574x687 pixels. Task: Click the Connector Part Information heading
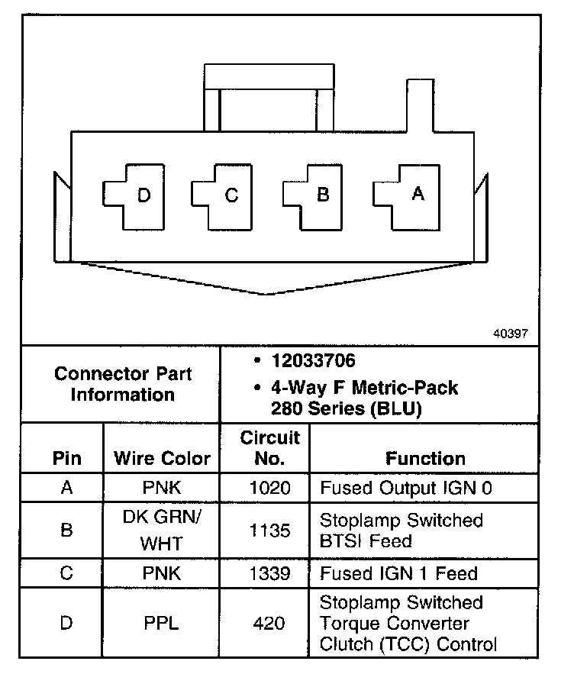pos(123,384)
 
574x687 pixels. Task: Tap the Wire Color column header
pos(162,458)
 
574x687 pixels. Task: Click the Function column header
pos(425,458)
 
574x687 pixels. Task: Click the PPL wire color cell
pos(161,623)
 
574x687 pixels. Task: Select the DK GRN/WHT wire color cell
pos(161,531)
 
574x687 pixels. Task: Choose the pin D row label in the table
pos(66,623)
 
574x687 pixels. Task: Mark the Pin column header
pos(66,458)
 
